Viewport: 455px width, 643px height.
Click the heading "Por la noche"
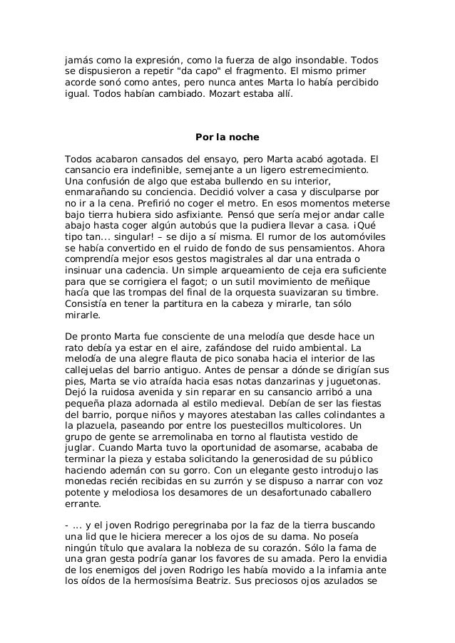pyautogui.click(x=227, y=137)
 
